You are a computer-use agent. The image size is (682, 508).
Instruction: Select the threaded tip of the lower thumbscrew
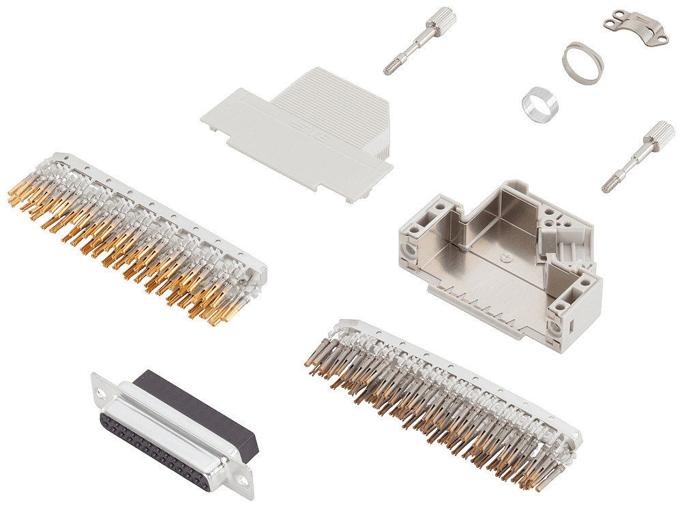[x=609, y=184]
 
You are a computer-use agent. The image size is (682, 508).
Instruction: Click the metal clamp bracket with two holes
[x=636, y=27]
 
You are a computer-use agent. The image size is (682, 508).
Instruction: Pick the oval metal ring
[x=582, y=62]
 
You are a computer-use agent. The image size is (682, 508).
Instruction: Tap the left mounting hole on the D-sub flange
[x=102, y=393]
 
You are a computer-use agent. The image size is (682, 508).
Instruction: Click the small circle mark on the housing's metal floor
[x=505, y=258]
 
